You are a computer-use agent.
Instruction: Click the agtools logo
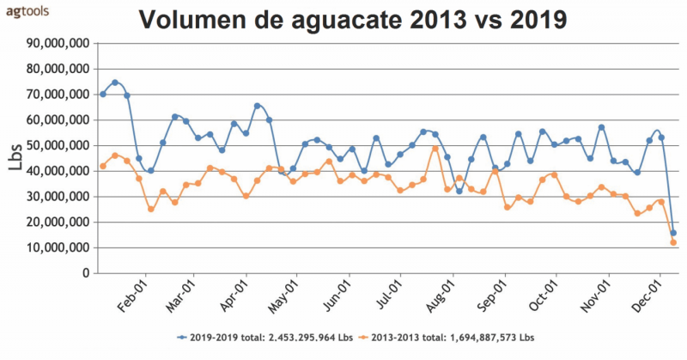(27, 11)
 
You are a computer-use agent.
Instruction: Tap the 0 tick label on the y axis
(85, 273)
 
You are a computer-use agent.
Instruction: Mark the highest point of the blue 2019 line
(115, 82)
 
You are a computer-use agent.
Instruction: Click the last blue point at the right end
(673, 233)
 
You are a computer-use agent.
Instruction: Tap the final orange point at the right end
(673, 242)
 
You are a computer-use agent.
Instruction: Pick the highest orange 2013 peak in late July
(435, 149)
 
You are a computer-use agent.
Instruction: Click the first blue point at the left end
(103, 95)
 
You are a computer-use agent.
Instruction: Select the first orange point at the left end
(103, 166)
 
